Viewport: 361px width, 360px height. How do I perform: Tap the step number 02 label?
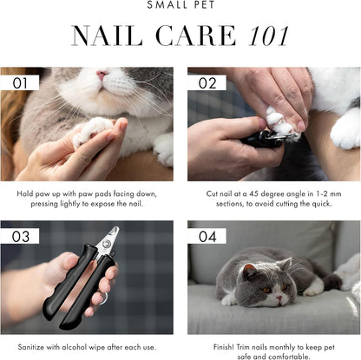207,82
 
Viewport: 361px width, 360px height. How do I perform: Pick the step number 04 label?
207,236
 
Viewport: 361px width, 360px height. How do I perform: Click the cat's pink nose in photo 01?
103,75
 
